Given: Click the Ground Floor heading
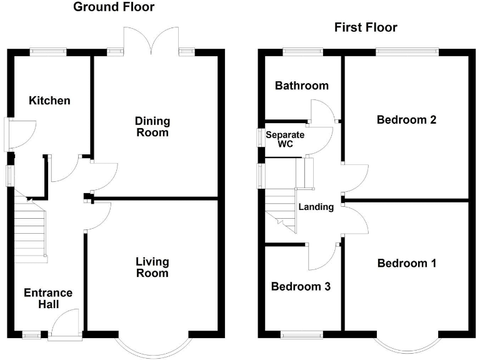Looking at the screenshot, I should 114,7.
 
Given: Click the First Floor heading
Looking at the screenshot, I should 366,27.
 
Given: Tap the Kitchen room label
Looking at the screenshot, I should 50,100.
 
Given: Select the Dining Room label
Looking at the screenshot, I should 153,126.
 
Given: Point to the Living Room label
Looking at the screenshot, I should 152,267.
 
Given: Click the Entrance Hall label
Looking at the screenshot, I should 48,298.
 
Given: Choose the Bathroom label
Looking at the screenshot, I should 302,86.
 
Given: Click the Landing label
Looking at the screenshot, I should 316,207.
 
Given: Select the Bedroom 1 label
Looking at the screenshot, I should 406,263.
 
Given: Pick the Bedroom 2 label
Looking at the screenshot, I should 406,119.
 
